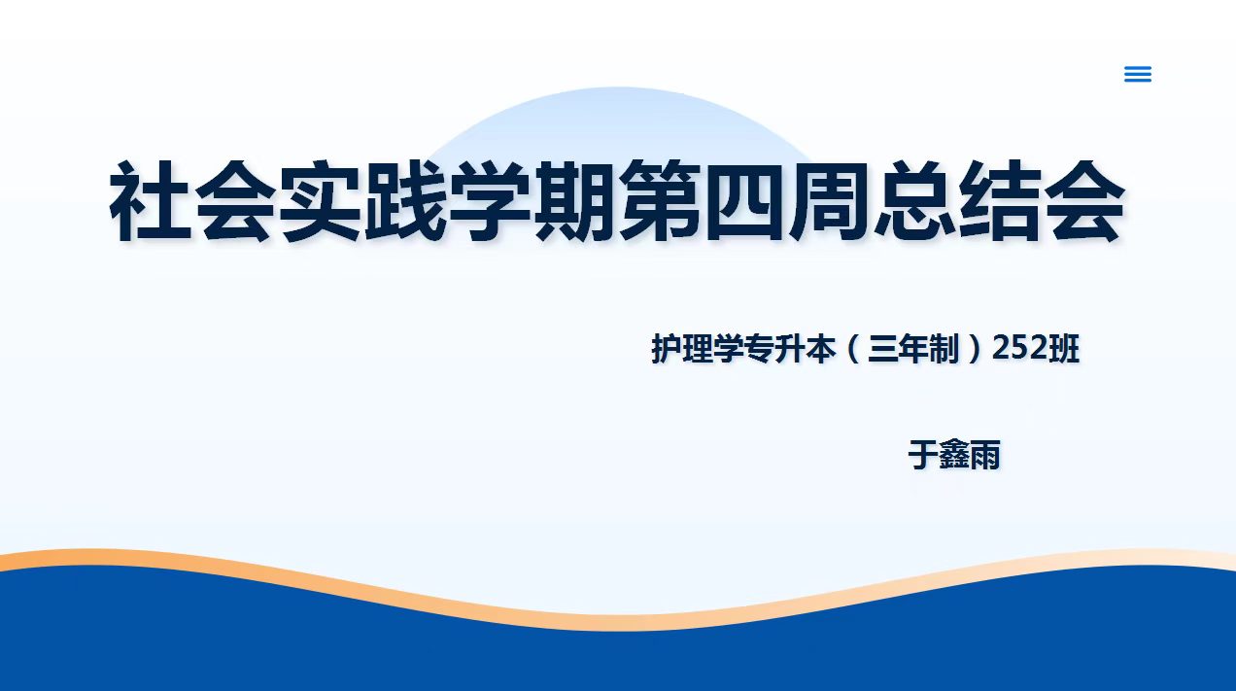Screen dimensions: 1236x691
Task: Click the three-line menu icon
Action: tap(1138, 74)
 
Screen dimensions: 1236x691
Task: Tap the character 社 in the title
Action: tap(151, 201)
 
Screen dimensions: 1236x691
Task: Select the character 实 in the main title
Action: tap(321, 201)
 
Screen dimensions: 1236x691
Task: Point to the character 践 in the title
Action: tap(405, 201)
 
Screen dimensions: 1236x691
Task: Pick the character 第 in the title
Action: tap(661, 201)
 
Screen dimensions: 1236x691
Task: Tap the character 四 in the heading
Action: tap(745, 201)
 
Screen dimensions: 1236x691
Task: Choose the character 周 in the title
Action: tap(831, 201)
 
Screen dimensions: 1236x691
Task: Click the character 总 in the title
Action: tap(915, 201)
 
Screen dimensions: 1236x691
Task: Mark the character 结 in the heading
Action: tap(1001, 201)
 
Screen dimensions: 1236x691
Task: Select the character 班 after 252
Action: tap(1064, 349)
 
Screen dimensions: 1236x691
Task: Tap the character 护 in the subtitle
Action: tap(667, 349)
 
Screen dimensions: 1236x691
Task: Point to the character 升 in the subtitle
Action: tap(790, 349)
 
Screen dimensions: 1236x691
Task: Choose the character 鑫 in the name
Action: tap(954, 455)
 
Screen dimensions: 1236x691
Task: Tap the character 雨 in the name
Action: tap(985, 455)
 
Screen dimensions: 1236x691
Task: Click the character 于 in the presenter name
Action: tap(923, 455)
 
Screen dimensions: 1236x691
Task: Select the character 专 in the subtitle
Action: tap(759, 349)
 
